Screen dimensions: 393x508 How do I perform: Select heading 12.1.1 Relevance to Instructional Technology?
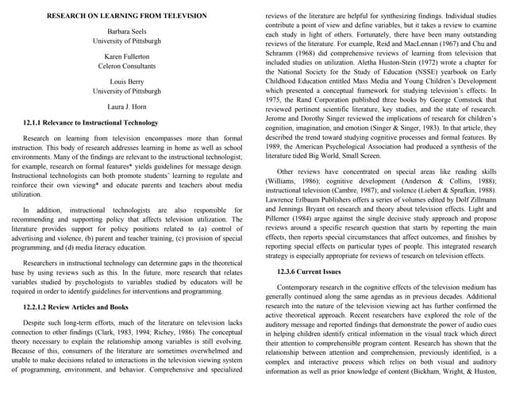click(x=91, y=124)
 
